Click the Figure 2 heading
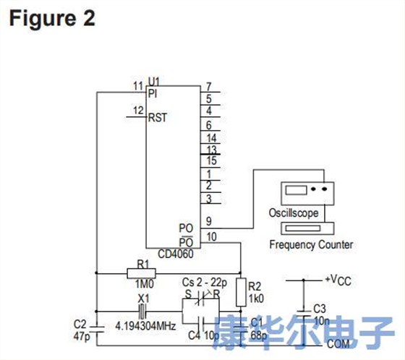coord(51,18)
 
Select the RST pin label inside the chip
coord(158,118)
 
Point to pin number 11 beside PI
coord(137,87)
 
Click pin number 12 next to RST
coord(137,111)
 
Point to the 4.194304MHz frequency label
coord(145,326)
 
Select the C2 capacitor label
coord(81,323)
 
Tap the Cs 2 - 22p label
coord(205,281)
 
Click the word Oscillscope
coord(294,213)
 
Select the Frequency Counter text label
coord(311,244)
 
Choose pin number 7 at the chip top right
coord(208,86)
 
